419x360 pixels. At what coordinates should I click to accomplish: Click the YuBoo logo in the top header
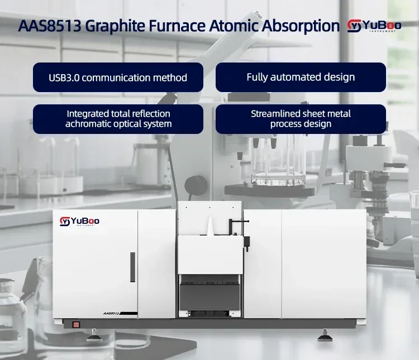[374, 26]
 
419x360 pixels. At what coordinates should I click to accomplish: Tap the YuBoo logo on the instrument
[79, 222]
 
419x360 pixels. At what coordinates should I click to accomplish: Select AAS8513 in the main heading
[50, 26]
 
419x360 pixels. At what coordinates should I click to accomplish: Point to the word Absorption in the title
[301, 26]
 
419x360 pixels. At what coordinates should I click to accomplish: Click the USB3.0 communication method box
[118, 78]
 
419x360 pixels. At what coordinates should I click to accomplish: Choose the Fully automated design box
[301, 78]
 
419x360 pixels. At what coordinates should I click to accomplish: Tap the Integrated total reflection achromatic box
[118, 119]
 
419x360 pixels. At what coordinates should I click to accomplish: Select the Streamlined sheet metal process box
[301, 119]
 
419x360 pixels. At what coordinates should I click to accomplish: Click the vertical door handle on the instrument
[132, 267]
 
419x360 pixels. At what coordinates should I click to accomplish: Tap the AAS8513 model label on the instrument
[111, 313]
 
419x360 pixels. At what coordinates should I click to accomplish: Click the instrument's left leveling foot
[93, 336]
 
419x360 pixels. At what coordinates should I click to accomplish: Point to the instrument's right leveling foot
[325, 336]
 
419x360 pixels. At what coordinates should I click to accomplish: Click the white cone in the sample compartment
[211, 227]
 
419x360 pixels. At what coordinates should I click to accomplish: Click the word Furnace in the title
[177, 26]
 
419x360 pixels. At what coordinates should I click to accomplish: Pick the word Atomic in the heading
[234, 26]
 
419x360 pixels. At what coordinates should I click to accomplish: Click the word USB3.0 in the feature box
[64, 78]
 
